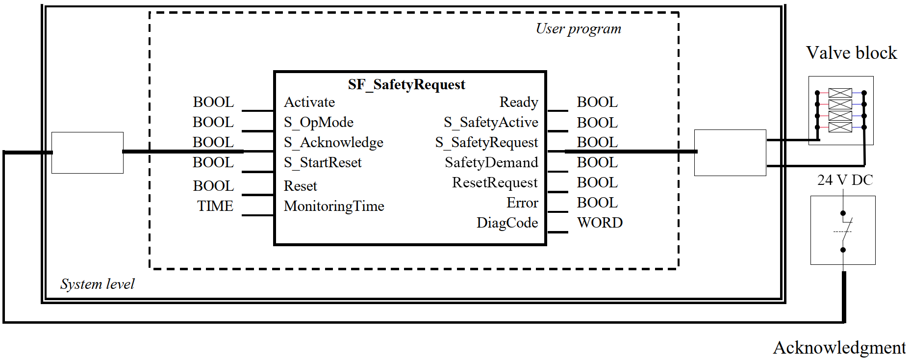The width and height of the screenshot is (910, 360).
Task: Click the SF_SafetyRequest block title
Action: tap(406, 85)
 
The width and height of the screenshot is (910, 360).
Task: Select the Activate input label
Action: tap(309, 102)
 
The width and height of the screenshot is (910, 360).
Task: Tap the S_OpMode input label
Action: tap(318, 122)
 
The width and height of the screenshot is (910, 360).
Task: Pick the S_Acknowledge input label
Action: tap(333, 142)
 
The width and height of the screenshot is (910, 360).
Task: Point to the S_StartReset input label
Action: tap(323, 162)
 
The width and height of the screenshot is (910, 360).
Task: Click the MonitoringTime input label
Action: tap(334, 206)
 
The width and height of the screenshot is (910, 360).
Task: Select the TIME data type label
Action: tap(215, 206)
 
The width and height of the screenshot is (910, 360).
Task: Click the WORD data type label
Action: tap(600, 223)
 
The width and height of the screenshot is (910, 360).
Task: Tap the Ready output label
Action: tap(519, 102)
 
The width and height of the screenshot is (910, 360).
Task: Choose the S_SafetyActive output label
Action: tap(491, 122)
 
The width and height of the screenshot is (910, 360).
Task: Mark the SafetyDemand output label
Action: tap(491, 162)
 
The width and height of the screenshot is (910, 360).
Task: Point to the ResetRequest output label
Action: tap(495, 182)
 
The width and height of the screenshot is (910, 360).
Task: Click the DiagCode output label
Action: tap(507, 223)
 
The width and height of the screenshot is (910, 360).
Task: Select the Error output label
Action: tap(522, 203)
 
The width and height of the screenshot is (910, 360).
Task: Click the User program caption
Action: tap(579, 29)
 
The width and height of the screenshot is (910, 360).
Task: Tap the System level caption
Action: tap(97, 284)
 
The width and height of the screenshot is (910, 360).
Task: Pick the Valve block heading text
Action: tap(851, 53)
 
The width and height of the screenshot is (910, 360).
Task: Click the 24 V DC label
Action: tap(845, 180)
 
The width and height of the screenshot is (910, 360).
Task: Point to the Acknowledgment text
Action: tap(839, 347)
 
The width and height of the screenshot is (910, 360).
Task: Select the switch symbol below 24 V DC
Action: tap(843, 231)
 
